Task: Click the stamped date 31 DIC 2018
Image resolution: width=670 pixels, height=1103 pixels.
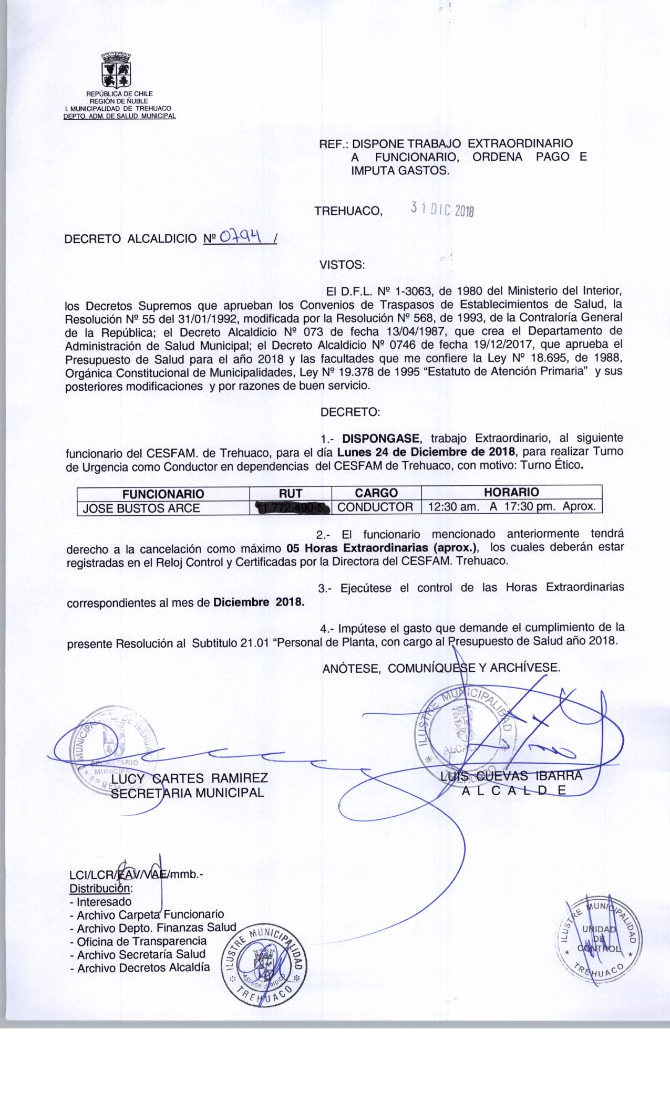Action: (x=442, y=210)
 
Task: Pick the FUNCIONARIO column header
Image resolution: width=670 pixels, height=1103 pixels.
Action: (x=163, y=494)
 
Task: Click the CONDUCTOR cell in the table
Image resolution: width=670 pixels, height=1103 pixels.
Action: (x=375, y=507)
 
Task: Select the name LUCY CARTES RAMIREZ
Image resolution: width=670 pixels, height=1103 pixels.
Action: (x=190, y=778)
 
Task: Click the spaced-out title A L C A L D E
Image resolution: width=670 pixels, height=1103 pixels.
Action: (x=513, y=792)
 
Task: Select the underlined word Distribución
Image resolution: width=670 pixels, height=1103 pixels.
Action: (x=99, y=889)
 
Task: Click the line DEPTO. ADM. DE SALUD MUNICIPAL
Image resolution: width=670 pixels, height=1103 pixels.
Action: (x=119, y=116)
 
